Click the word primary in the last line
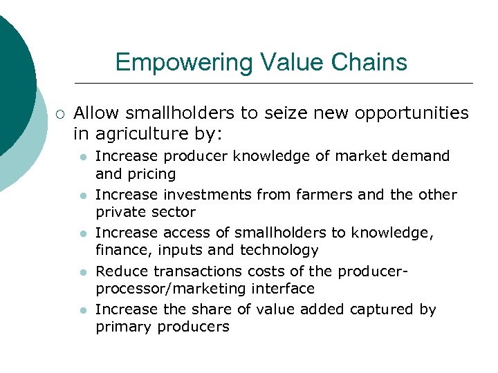pos(123,327)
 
